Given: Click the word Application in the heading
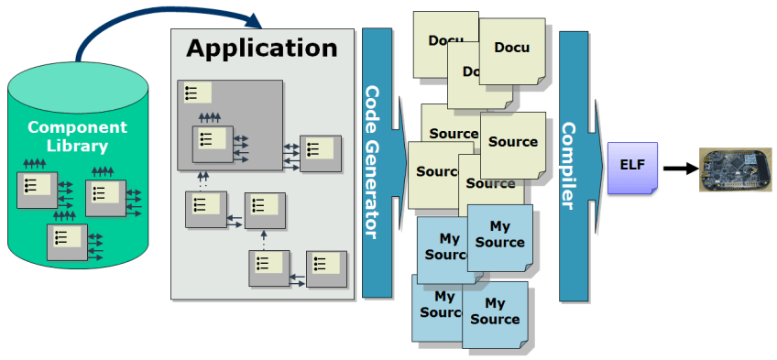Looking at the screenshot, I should coord(262,48).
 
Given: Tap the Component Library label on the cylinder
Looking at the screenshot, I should coord(77,136).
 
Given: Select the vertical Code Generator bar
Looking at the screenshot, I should coord(376,162).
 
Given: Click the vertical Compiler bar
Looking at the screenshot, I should coord(573,166).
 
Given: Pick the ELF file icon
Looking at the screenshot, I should coord(631,169).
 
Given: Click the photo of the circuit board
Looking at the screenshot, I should coord(733,169).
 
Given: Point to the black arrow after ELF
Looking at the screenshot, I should coord(679,169).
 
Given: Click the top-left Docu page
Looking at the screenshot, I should coord(444,41).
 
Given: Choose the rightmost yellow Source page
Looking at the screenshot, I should coord(513,143).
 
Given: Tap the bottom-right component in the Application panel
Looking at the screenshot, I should coord(327,267).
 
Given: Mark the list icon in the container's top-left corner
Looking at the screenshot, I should coord(197,93).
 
